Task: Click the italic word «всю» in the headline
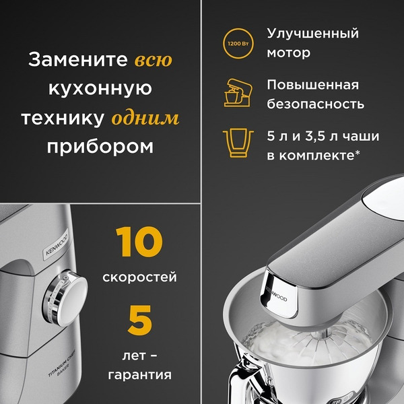[x=154, y=60]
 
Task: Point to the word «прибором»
[x=100, y=146]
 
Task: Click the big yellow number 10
[x=139, y=243]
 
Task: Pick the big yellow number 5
[x=139, y=320]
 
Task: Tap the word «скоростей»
[x=140, y=277]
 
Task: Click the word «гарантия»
[x=139, y=374]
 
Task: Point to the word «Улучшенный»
[x=312, y=33]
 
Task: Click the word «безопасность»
[x=316, y=104]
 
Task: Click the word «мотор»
[x=289, y=53]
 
